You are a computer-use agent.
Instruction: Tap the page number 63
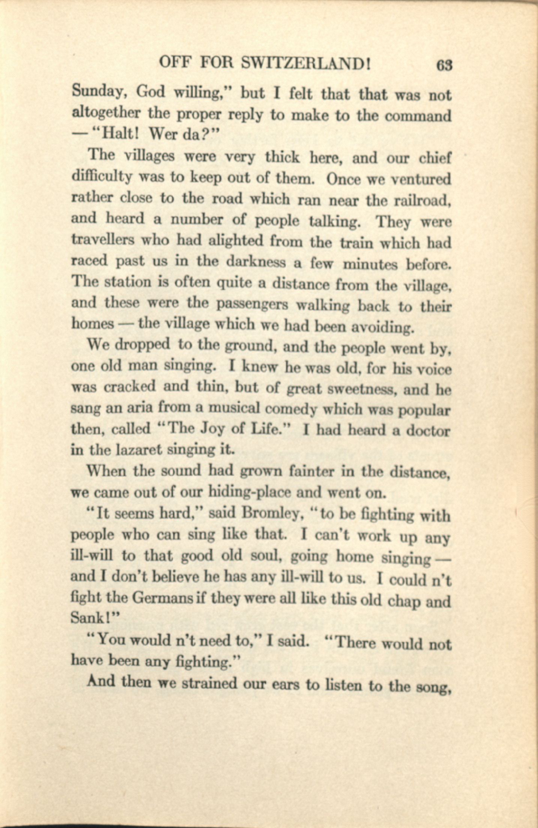point(444,65)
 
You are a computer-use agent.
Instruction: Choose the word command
point(418,116)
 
